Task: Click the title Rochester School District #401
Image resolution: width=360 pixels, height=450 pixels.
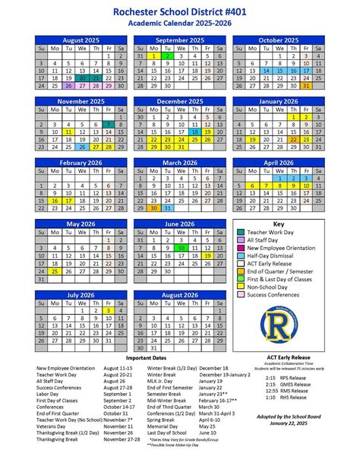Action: click(x=179, y=11)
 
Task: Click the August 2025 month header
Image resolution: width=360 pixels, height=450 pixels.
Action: click(x=80, y=40)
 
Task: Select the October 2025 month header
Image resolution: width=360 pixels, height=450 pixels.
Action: click(x=278, y=40)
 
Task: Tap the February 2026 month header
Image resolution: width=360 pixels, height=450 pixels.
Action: click(x=80, y=163)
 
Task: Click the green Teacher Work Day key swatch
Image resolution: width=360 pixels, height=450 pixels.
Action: click(x=242, y=233)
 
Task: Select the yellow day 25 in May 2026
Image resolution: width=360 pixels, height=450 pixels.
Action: click(x=54, y=270)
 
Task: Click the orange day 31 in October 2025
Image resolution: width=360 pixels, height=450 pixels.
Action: click(x=306, y=86)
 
